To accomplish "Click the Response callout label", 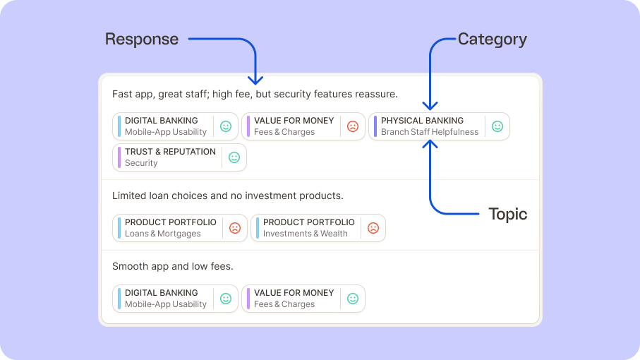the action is coord(142,40).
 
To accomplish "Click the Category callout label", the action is coord(493,40).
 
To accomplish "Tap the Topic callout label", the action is coord(508,214).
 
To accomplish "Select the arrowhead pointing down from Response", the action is coord(255,80).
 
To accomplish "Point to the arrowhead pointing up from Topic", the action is coord(430,144).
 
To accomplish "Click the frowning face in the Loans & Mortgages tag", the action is coord(235,228).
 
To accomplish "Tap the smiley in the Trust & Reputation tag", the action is coord(234,157).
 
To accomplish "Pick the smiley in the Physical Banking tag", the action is coord(497,126).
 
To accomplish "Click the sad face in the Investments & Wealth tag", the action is coord(373,228).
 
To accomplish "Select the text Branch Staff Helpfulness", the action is coord(430,132).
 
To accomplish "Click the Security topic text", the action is coord(141,163).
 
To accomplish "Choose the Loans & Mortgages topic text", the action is coord(163,234).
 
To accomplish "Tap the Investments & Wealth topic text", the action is coord(306,234).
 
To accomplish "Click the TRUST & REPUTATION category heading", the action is coord(170,152).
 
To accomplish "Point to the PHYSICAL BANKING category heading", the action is coord(422,121).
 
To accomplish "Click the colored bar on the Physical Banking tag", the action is coord(375,126).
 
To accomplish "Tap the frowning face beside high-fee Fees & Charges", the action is coord(353,126).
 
